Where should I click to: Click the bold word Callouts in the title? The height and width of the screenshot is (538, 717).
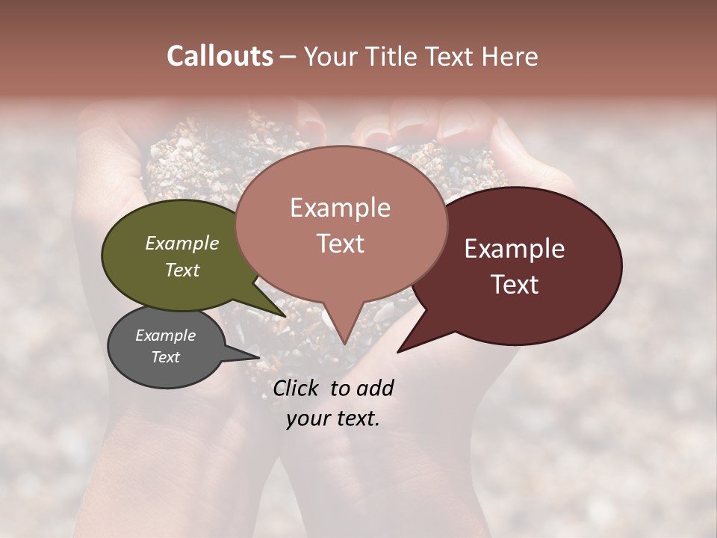[x=220, y=56]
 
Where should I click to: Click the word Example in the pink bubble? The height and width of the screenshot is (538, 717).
[x=340, y=208]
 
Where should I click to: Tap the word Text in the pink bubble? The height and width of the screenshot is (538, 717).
[x=340, y=244]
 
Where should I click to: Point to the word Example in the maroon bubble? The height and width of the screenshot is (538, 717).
[x=515, y=249]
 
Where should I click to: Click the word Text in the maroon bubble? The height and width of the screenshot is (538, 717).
[x=515, y=285]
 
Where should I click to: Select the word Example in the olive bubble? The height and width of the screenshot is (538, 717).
[x=181, y=244]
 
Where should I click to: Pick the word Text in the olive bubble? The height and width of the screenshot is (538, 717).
[x=181, y=270]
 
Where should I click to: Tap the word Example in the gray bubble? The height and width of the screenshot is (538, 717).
[x=165, y=336]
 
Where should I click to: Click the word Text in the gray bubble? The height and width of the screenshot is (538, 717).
[x=165, y=357]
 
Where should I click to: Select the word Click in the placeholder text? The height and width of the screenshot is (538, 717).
[x=297, y=388]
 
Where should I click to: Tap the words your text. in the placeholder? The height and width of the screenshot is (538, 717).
[x=332, y=418]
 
